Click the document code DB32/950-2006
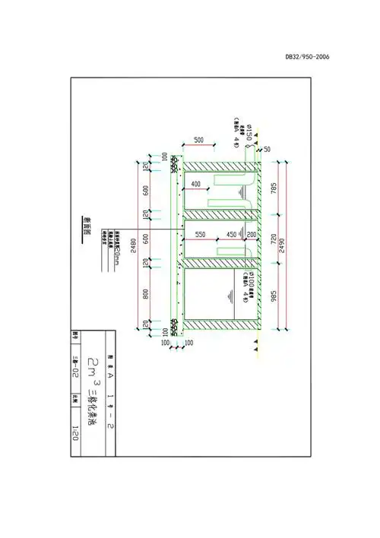click(307, 56)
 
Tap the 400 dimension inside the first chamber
click(195, 185)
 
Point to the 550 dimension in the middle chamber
click(201, 234)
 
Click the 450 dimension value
click(232, 234)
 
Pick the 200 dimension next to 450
click(252, 234)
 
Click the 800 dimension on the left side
click(146, 293)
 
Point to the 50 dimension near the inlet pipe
click(267, 150)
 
